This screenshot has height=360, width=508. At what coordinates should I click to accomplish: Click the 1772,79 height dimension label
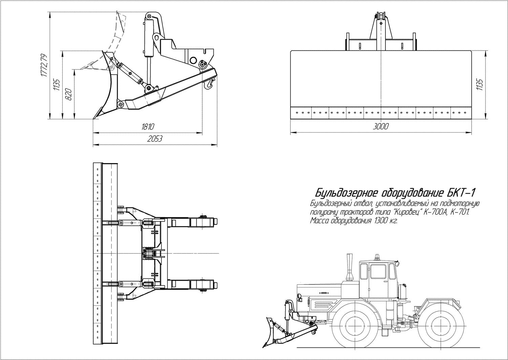coord(44,66)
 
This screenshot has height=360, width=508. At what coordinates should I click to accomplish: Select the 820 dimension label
coord(68,94)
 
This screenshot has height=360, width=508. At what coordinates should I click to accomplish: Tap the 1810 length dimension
coord(148,127)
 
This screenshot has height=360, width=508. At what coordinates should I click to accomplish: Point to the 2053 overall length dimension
coord(155,139)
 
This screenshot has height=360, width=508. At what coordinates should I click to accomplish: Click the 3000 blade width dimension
coord(381,126)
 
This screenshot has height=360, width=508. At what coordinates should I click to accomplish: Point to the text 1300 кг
coord(385,221)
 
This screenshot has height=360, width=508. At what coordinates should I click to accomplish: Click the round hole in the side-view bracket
coord(193,61)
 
